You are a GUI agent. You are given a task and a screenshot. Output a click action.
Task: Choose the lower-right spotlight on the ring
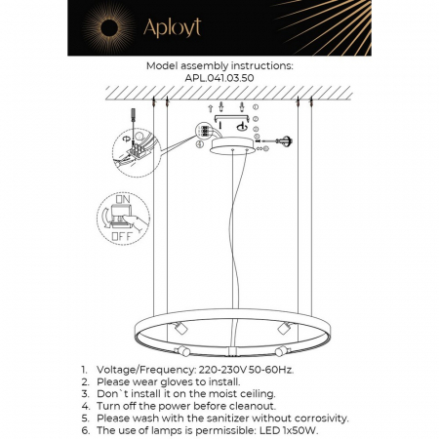(280, 350)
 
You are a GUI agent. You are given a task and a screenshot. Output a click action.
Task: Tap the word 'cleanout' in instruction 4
(248, 406)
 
